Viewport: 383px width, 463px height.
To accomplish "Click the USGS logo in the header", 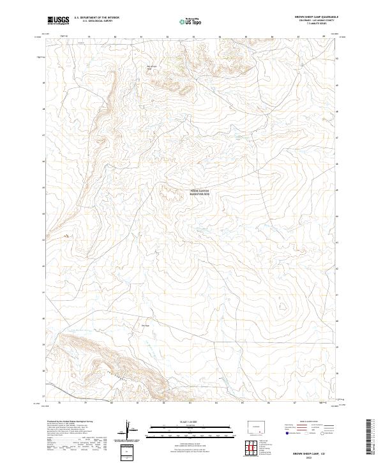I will pyautogui.click(x=57, y=20).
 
